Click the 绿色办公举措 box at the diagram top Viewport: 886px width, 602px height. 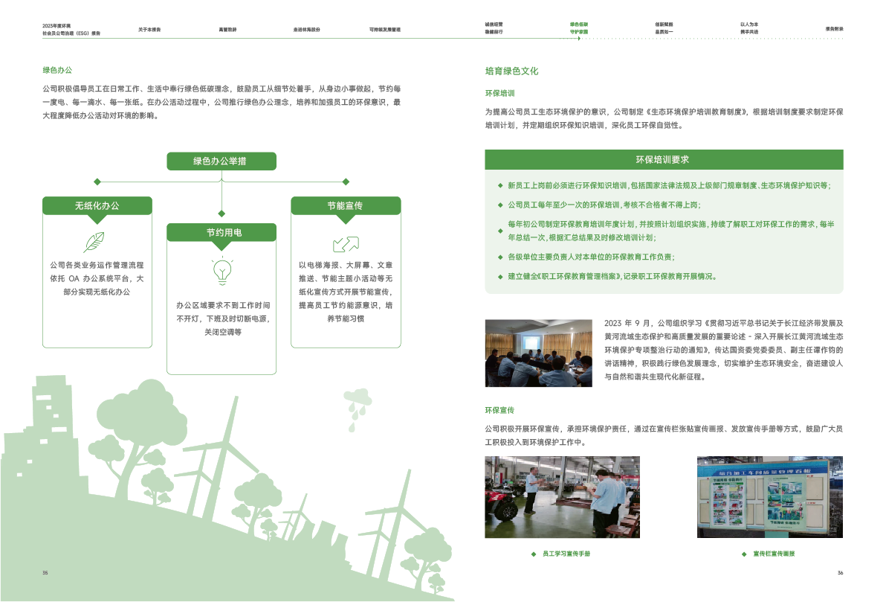tap(221, 161)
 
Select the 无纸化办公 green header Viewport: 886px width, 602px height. tap(97, 205)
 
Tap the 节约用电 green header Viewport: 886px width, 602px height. tap(221, 233)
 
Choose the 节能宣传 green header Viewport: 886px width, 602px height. tap(345, 205)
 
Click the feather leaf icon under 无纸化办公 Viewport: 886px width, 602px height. tap(94, 243)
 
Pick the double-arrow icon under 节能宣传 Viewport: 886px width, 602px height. tap(346, 244)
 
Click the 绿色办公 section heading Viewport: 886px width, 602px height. tap(57, 70)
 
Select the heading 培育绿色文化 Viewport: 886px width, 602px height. tap(511, 71)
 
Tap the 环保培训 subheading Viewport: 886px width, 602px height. tap(499, 93)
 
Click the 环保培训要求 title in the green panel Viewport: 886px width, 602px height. tap(663, 159)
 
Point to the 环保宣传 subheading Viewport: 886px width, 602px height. tap(499, 410)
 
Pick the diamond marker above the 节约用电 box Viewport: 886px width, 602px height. tap(221, 214)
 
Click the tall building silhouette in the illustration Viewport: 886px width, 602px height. tap(54, 417)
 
